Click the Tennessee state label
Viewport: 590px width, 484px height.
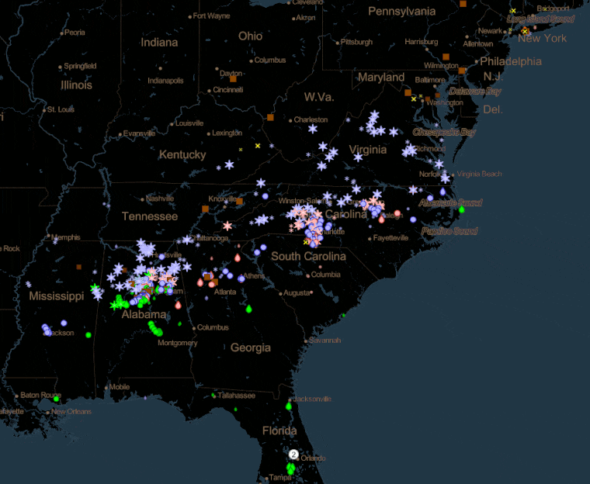point(150,216)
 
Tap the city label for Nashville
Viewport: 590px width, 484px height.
point(160,198)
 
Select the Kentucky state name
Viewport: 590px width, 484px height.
point(182,154)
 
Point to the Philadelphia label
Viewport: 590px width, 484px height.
point(511,61)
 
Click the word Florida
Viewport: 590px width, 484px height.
point(279,430)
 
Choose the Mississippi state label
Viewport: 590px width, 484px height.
point(56,296)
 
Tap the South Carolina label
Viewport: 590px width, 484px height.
point(308,256)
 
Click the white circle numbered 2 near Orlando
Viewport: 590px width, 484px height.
point(293,454)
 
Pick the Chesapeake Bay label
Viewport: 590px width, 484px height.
point(444,133)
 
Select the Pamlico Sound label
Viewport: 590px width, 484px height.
point(449,231)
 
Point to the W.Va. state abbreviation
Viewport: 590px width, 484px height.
point(318,97)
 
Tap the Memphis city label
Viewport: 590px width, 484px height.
point(66,237)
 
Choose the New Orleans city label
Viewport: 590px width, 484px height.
point(71,411)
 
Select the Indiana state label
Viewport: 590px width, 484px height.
point(159,43)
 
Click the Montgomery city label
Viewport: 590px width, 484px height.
point(176,343)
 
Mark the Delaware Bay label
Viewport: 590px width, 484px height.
point(475,91)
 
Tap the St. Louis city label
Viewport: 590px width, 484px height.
point(61,109)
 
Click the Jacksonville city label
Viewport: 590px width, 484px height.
point(313,399)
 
